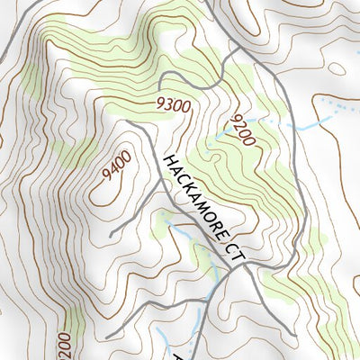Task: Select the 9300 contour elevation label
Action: [173, 105]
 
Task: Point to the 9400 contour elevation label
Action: [116, 166]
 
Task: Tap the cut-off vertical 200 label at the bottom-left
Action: [63, 346]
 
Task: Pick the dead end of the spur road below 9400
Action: [111, 236]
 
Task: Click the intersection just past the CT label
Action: [252, 266]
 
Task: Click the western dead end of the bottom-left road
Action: [108, 337]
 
